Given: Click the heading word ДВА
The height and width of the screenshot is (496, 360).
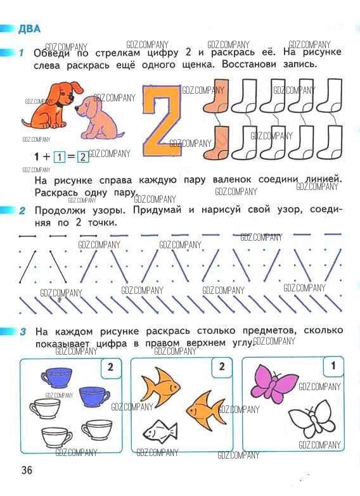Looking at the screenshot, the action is [29, 29].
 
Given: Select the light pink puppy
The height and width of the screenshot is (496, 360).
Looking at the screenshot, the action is [98, 117].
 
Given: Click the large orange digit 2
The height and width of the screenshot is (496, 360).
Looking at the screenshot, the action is [162, 121].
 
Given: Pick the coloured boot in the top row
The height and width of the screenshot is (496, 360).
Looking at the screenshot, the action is [217, 96].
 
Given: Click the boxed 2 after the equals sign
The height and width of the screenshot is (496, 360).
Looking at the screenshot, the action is [83, 156].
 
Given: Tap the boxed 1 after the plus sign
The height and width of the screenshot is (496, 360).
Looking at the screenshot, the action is [60, 156].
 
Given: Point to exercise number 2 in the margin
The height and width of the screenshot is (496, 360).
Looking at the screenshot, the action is [22, 211].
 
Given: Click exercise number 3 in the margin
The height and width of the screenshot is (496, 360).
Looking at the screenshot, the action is [23, 332].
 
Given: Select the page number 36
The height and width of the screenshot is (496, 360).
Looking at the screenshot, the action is [27, 470].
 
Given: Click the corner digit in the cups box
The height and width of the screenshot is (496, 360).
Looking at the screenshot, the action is [110, 367].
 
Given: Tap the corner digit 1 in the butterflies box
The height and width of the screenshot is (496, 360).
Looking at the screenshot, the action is [333, 366].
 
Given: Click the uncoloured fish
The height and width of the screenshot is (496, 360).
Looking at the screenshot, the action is [160, 431].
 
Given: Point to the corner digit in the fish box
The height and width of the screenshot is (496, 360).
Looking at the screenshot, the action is [222, 366].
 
